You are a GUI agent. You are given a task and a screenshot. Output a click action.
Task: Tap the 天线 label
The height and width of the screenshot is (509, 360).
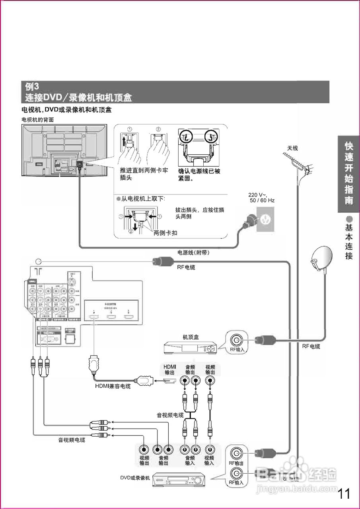(x=292, y=148)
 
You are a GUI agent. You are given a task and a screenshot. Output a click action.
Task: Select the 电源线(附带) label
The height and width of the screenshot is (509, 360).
(x=193, y=253)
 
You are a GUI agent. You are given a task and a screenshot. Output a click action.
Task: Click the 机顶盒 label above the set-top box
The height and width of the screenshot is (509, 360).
(x=191, y=337)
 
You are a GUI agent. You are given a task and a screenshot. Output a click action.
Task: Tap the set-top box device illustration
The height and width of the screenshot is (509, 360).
(x=191, y=348)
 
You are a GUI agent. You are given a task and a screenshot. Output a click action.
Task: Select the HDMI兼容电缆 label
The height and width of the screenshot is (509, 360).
(x=113, y=385)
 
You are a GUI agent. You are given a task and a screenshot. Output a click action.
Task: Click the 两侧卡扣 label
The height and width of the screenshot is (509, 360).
(x=165, y=233)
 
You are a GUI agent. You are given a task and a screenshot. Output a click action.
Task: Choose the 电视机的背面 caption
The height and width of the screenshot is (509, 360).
(x=37, y=119)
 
